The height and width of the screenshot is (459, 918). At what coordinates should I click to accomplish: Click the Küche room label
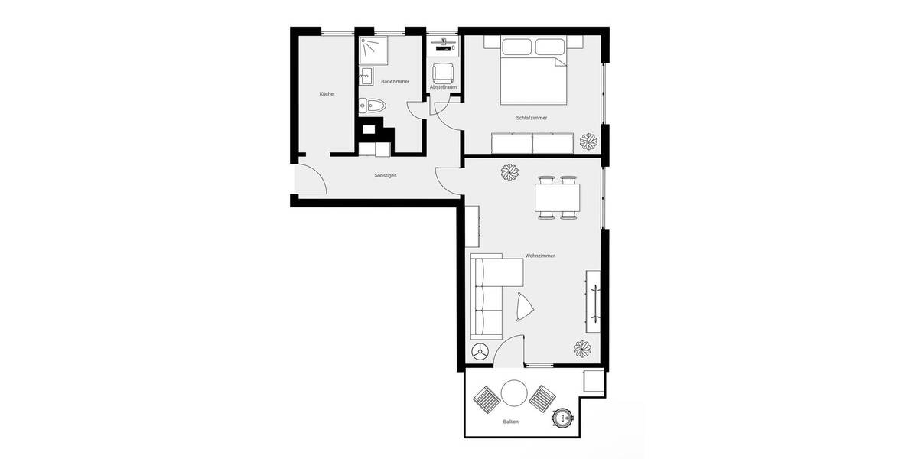coord(327,94)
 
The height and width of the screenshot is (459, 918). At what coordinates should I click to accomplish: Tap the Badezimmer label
coord(395,81)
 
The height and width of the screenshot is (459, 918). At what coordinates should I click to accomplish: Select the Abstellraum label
coord(443,87)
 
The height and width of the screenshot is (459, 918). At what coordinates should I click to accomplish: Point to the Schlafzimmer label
coord(531,118)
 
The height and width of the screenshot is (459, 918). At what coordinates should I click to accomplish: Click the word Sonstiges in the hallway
coord(386,175)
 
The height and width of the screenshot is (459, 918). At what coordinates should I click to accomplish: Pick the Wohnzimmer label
coord(540,256)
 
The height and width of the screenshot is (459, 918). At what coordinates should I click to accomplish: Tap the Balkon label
coord(511,422)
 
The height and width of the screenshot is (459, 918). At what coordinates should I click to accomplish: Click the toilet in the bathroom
coord(374,106)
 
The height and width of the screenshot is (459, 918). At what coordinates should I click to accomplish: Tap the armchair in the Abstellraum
coord(443,73)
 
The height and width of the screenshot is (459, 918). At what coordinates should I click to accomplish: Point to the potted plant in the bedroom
coord(589,142)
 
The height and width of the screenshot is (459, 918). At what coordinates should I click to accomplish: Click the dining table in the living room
coord(557,198)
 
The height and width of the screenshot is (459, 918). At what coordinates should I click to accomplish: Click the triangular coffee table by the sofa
coord(526,308)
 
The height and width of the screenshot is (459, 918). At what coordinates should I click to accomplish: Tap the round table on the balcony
coord(513,394)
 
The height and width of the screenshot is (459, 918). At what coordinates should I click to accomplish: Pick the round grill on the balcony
coord(564,418)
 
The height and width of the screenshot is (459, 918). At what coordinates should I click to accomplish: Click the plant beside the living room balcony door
coord(583,348)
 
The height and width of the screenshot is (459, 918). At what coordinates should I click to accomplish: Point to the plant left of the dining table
coord(509,173)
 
